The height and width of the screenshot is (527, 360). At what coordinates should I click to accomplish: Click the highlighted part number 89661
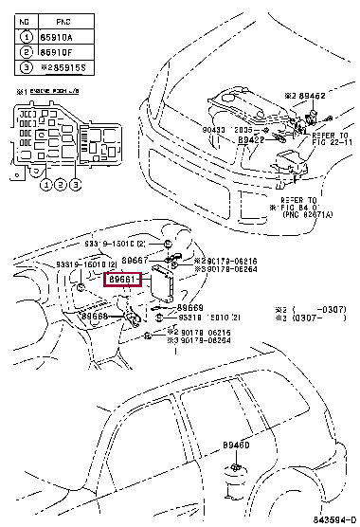tap(122, 281)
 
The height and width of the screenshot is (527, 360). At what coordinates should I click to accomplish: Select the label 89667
tap(135, 259)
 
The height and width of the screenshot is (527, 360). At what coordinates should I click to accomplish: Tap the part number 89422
tap(250, 139)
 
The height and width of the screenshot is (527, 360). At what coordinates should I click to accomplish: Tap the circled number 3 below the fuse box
tap(75, 183)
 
